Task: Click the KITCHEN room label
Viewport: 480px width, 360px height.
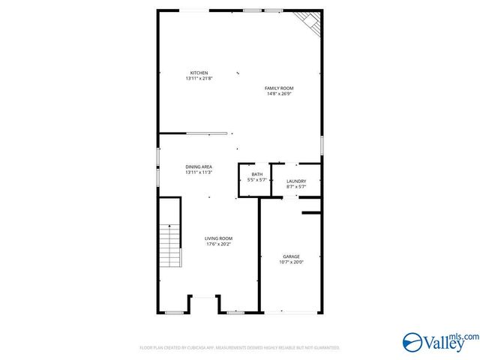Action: coord(199,73)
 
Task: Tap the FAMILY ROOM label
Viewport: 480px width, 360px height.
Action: coord(278,88)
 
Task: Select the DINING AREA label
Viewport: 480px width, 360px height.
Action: coord(199,166)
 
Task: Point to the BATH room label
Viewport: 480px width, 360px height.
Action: coord(257,175)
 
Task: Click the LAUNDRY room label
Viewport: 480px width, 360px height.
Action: coord(296,181)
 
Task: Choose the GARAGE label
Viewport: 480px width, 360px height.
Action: coord(291,256)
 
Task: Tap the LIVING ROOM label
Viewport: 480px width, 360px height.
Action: coord(219,238)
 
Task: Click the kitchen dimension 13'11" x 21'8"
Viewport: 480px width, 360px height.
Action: coord(199,79)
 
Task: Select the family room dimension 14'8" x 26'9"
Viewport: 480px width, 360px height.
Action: coord(278,94)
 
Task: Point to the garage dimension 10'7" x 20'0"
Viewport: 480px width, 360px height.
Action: coord(291,262)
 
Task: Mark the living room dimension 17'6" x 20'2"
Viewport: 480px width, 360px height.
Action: coord(219,244)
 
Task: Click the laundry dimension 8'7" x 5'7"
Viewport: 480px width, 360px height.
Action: coord(296,187)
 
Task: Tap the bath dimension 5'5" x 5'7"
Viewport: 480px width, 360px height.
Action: coord(257,181)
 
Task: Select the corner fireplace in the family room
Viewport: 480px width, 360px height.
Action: coord(309,22)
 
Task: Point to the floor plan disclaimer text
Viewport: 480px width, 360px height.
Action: coord(240,348)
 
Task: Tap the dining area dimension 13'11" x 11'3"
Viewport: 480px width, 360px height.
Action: coord(199,172)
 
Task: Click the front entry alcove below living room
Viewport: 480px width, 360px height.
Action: coord(204,304)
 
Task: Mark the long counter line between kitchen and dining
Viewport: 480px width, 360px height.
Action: coord(207,133)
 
